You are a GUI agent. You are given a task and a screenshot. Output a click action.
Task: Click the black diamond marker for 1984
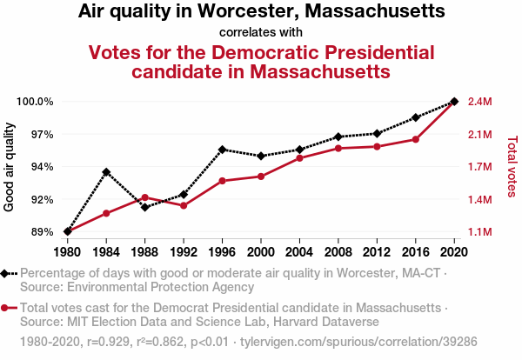click(106, 172)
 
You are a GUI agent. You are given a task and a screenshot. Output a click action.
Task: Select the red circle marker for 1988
click(145, 197)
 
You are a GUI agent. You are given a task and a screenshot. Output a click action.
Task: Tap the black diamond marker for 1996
click(223, 150)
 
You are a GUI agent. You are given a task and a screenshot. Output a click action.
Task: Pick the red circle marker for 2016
click(416, 139)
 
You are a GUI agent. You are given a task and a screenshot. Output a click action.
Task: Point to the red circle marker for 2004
click(300, 158)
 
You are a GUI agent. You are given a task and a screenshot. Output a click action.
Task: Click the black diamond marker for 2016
click(416, 117)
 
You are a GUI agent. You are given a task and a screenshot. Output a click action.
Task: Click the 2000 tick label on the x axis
click(261, 252)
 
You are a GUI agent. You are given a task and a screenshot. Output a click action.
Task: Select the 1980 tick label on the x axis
click(68, 252)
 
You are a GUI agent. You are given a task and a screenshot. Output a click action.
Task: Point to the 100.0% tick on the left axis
click(36, 102)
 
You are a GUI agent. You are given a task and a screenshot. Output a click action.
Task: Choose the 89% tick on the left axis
click(42, 232)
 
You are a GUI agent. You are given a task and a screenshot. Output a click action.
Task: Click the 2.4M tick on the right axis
click(481, 102)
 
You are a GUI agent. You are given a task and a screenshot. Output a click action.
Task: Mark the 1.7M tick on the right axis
click(481, 167)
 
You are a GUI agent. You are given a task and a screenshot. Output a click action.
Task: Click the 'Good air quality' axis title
click(10, 167)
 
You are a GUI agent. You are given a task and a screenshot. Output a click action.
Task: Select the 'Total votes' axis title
click(512, 167)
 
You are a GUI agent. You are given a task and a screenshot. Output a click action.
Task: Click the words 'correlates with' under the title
click(261, 33)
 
